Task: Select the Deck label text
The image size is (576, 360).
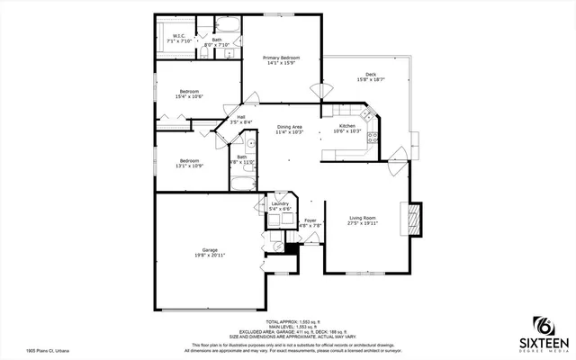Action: coord(370,75)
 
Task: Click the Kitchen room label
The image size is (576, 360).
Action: coord(346,126)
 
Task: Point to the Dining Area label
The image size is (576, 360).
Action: coord(289,127)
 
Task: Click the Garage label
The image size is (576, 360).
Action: coord(210,250)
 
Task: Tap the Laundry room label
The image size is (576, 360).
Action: coord(280,204)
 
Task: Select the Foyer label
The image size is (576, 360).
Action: coord(310,220)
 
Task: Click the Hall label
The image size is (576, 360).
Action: coord(241,117)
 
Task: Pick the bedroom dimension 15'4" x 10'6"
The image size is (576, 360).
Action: coord(188,96)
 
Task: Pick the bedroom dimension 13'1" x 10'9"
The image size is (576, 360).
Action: coord(188,166)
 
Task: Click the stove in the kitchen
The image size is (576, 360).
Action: coord(368,112)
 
